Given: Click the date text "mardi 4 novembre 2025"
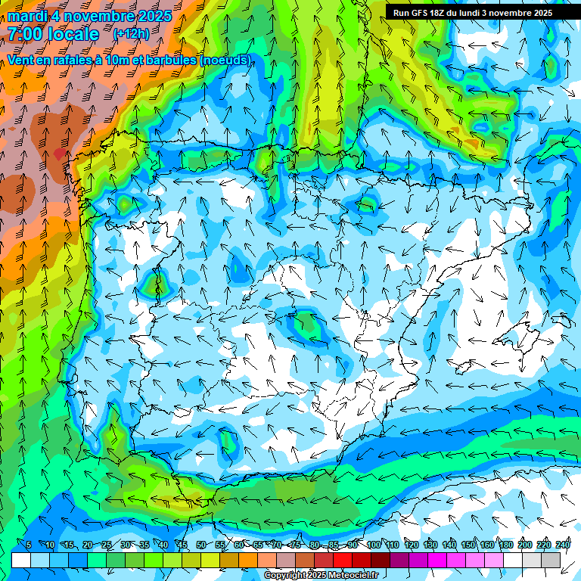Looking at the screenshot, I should click(x=90, y=16).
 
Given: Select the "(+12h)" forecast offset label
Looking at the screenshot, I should click(x=130, y=34).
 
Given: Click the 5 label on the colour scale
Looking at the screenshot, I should click(x=28, y=545).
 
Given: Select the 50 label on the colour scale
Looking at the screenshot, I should click(x=200, y=545).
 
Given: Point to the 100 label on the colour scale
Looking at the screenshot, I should click(x=373, y=545).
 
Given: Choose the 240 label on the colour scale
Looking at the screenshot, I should click(x=562, y=545).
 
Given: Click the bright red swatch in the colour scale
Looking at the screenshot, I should click(x=343, y=560).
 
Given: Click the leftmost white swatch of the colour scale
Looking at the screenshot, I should click(x=21, y=560).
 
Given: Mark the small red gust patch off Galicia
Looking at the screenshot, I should click(x=61, y=154).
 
